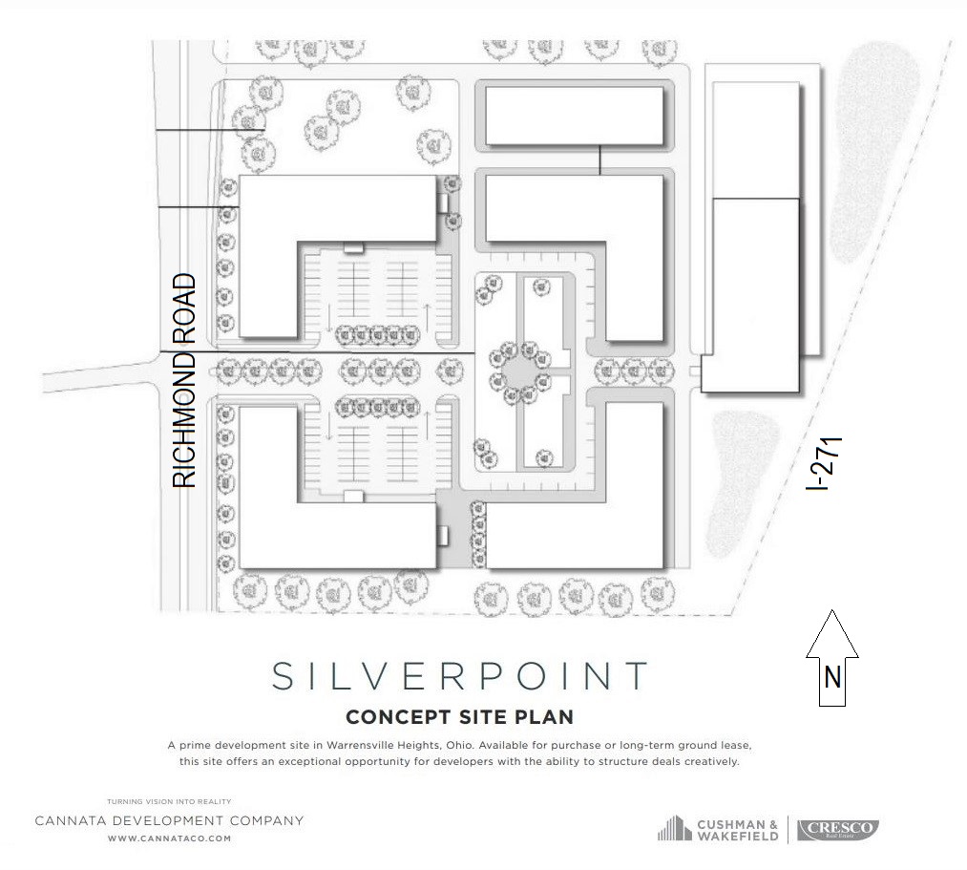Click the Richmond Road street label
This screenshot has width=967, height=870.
184,381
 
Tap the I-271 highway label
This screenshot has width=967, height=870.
825,464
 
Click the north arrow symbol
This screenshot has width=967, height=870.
832,658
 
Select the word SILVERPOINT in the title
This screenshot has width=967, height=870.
460,675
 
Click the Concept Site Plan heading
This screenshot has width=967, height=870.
460,717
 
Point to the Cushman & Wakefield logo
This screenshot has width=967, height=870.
718,829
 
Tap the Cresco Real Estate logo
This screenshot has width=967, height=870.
838,829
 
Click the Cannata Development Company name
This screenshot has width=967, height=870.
170,820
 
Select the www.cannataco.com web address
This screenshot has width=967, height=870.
170,838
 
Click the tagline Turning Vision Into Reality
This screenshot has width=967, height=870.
170,802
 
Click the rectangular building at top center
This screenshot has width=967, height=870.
575,116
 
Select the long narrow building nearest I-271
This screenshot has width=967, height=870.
756,237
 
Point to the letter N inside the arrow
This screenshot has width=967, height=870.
832,677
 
